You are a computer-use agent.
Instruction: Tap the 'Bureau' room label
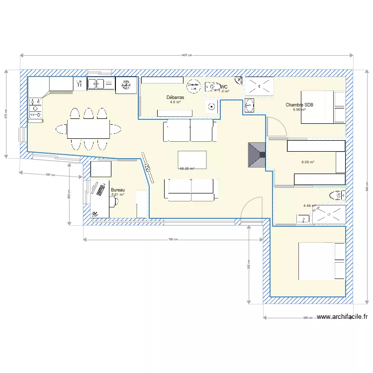point(118,190)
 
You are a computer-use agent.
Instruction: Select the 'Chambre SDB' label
point(299,104)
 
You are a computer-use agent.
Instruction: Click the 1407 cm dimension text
point(186,56)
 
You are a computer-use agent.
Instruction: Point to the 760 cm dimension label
point(173,240)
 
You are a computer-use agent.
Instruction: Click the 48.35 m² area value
point(186,169)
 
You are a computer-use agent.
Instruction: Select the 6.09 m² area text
point(308,162)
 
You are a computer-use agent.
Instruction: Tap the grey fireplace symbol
point(258,156)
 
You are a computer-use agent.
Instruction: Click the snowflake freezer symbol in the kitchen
point(126,85)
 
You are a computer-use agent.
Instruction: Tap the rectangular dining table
point(88,130)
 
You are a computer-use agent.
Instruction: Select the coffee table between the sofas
point(192,160)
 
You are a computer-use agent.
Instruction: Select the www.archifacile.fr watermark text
point(342,317)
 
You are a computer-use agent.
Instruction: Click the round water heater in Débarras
point(193,85)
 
